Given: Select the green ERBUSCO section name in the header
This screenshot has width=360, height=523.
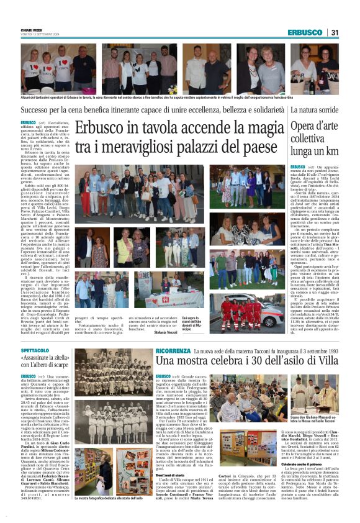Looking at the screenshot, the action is click(x=305, y=32).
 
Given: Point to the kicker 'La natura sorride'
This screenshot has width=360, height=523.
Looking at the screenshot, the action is click(x=315, y=110).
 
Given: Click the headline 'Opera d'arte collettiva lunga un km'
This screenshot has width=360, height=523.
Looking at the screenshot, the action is click(x=314, y=139).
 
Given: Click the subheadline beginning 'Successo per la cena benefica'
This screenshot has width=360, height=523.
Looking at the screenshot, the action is click(x=153, y=110).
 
